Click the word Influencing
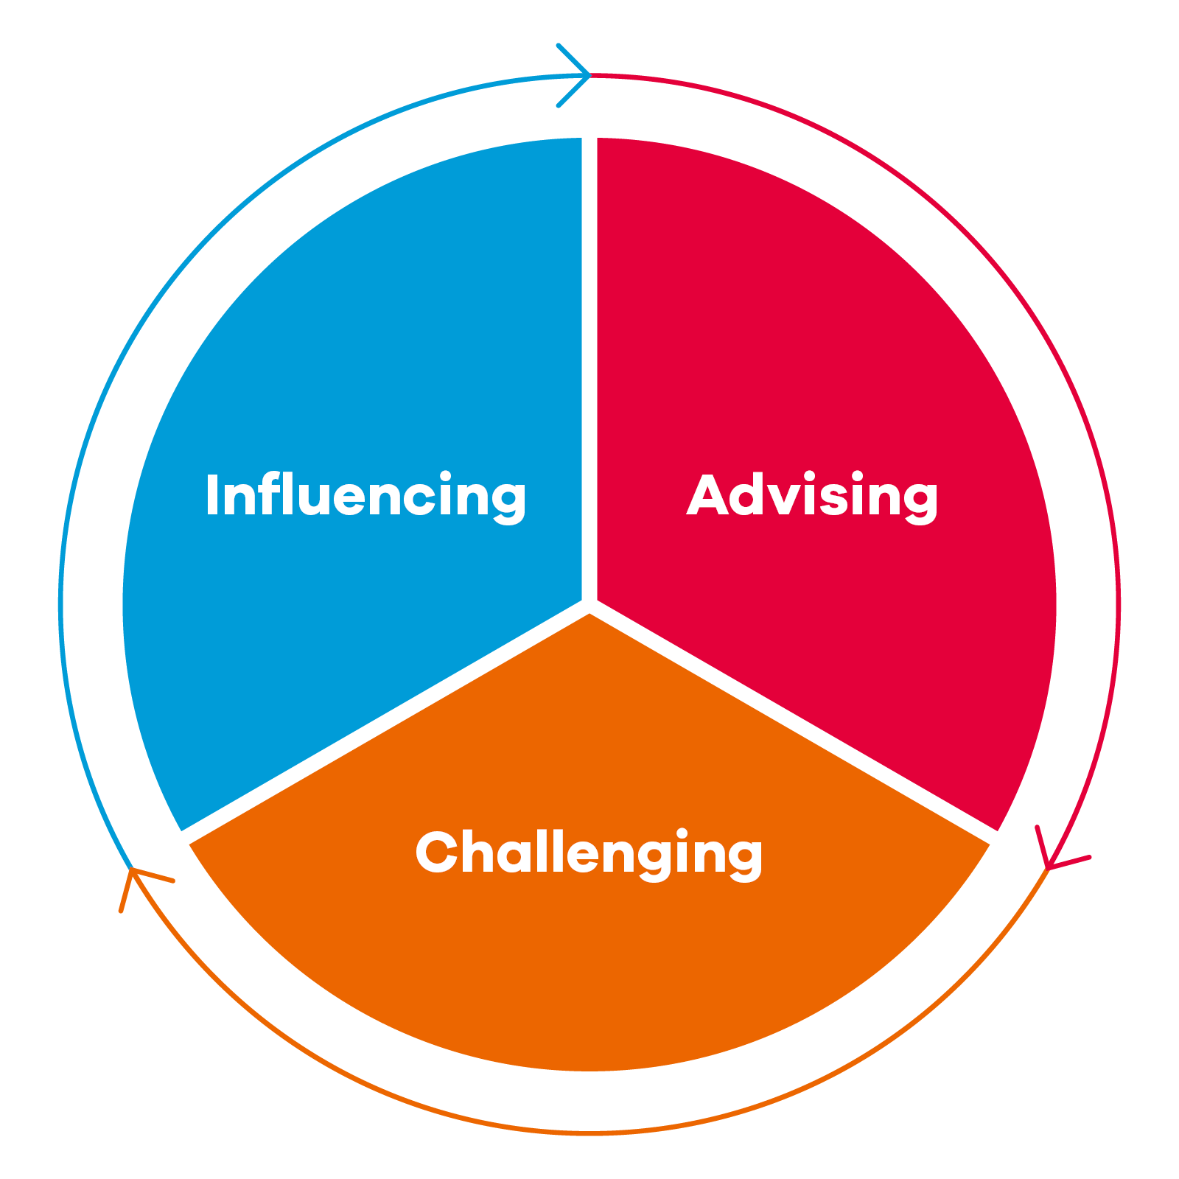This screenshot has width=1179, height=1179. click(x=366, y=497)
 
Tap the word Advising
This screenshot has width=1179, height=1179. click(x=812, y=497)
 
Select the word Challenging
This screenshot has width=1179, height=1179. click(x=589, y=854)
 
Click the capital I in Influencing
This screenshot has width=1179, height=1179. click(x=213, y=495)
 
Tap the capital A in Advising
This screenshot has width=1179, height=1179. click(x=710, y=495)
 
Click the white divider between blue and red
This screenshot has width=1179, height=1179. click(x=589, y=368)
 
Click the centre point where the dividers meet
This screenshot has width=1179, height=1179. click(x=589, y=606)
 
